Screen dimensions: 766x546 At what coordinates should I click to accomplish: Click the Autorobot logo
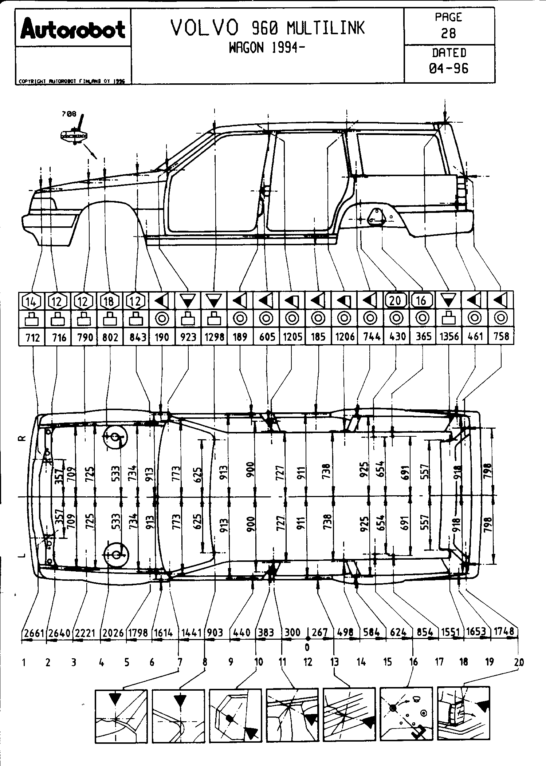click(73, 28)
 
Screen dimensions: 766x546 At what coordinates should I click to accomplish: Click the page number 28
click(449, 33)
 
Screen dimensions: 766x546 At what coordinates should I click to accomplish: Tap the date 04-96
click(449, 68)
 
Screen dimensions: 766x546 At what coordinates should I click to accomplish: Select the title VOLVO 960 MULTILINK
click(267, 28)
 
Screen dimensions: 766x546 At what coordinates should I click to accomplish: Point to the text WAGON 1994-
click(267, 48)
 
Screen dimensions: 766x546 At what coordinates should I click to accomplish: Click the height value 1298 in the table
click(214, 337)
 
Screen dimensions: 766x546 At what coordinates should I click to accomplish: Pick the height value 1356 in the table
click(449, 337)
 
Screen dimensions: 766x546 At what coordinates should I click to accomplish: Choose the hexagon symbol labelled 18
click(109, 301)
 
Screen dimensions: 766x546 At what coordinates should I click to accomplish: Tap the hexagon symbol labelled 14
click(32, 301)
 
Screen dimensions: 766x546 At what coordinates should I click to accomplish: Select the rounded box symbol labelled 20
click(396, 301)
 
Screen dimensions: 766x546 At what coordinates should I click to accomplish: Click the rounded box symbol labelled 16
click(422, 301)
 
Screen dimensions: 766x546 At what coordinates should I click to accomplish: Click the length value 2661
click(34, 634)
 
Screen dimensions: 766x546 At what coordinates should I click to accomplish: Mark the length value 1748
click(504, 632)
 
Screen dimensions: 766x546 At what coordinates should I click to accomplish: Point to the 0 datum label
click(307, 647)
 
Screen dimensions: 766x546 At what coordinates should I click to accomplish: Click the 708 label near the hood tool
click(68, 114)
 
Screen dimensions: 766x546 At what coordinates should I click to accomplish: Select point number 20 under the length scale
click(519, 662)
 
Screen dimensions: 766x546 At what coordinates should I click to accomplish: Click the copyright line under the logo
click(71, 82)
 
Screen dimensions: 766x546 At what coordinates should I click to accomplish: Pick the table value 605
click(267, 337)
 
